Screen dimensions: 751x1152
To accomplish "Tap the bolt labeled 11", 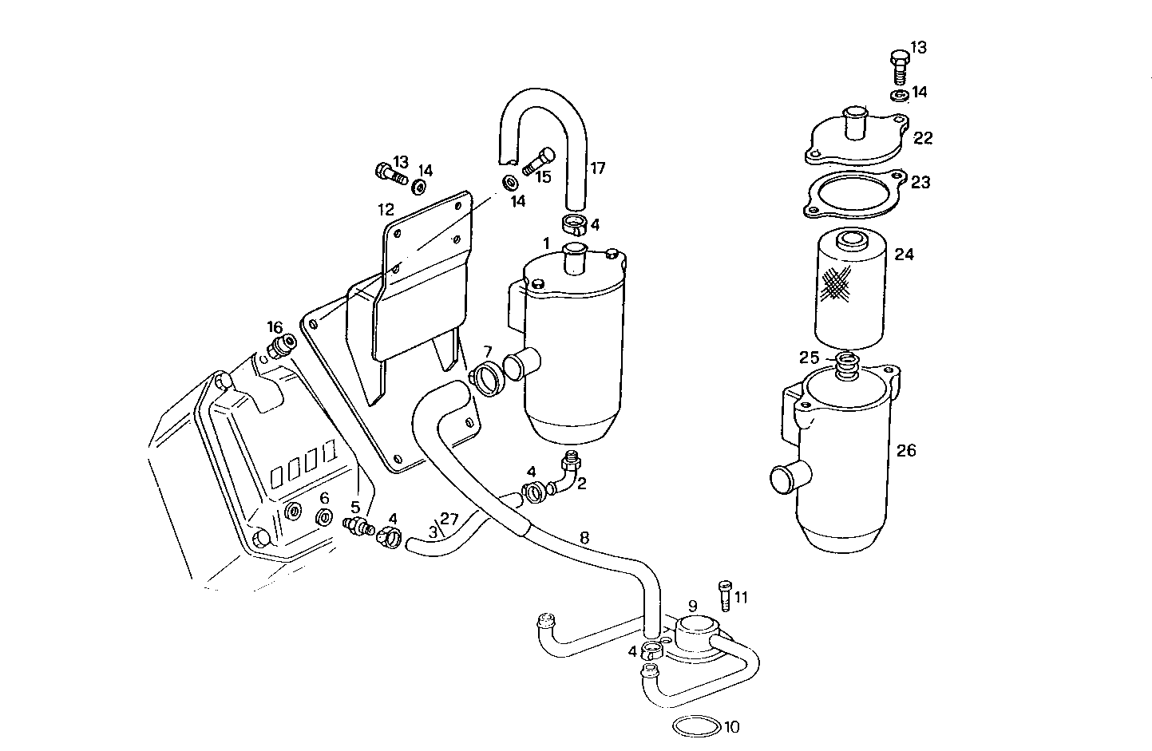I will pyautogui.click(x=725, y=596).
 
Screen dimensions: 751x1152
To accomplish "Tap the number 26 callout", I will pyautogui.click(x=905, y=450).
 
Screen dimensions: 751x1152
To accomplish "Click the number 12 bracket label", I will pyautogui.click(x=386, y=210).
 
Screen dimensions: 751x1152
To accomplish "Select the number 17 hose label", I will pyautogui.click(x=597, y=168).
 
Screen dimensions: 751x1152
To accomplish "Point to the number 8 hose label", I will pyautogui.click(x=584, y=537).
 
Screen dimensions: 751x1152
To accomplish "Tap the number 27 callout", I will pyautogui.click(x=449, y=520).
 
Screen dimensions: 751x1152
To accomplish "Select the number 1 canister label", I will pyautogui.click(x=546, y=242).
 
